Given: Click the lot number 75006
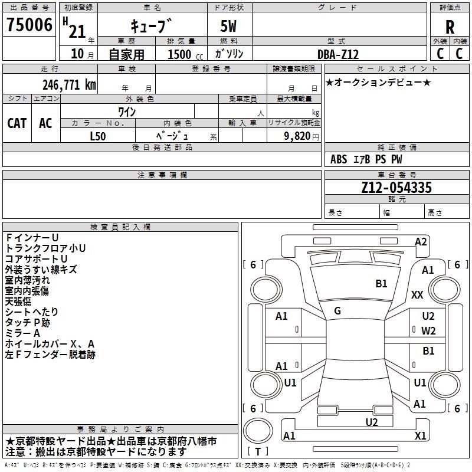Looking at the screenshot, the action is (29, 24).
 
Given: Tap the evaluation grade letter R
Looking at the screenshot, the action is (450, 27).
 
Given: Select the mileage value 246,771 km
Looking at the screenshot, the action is (69, 85).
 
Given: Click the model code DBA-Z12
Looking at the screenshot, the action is (338, 54).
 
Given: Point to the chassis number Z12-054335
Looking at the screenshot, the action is (396, 188).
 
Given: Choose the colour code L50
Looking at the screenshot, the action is (98, 136).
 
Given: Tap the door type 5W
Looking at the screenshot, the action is (228, 26).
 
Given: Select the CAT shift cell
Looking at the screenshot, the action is (17, 123).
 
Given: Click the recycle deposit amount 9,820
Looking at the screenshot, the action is (297, 136).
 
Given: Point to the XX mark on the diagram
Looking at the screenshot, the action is (417, 294).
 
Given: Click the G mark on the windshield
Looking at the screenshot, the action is (337, 311).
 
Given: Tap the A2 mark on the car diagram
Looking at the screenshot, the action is (421, 242).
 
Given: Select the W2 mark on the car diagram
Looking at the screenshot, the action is (428, 331).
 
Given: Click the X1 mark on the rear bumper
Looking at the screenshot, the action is (420, 435).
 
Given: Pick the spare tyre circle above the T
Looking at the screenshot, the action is (258, 431).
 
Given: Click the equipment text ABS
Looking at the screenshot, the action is (339, 159).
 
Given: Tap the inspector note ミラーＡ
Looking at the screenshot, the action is (22, 333).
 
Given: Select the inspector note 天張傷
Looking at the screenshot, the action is (18, 301).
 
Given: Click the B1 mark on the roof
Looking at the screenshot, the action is (381, 284).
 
